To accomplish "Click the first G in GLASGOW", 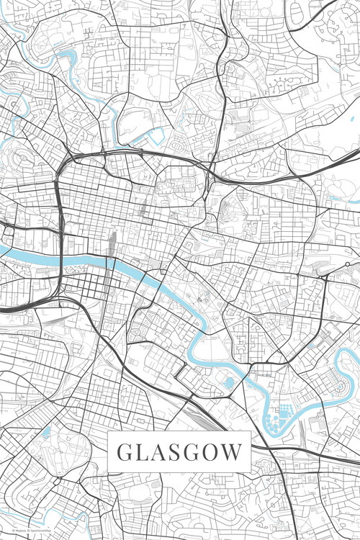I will pyautogui.click(x=124, y=454).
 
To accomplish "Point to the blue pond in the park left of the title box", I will pyautogui.click(x=45, y=432).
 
